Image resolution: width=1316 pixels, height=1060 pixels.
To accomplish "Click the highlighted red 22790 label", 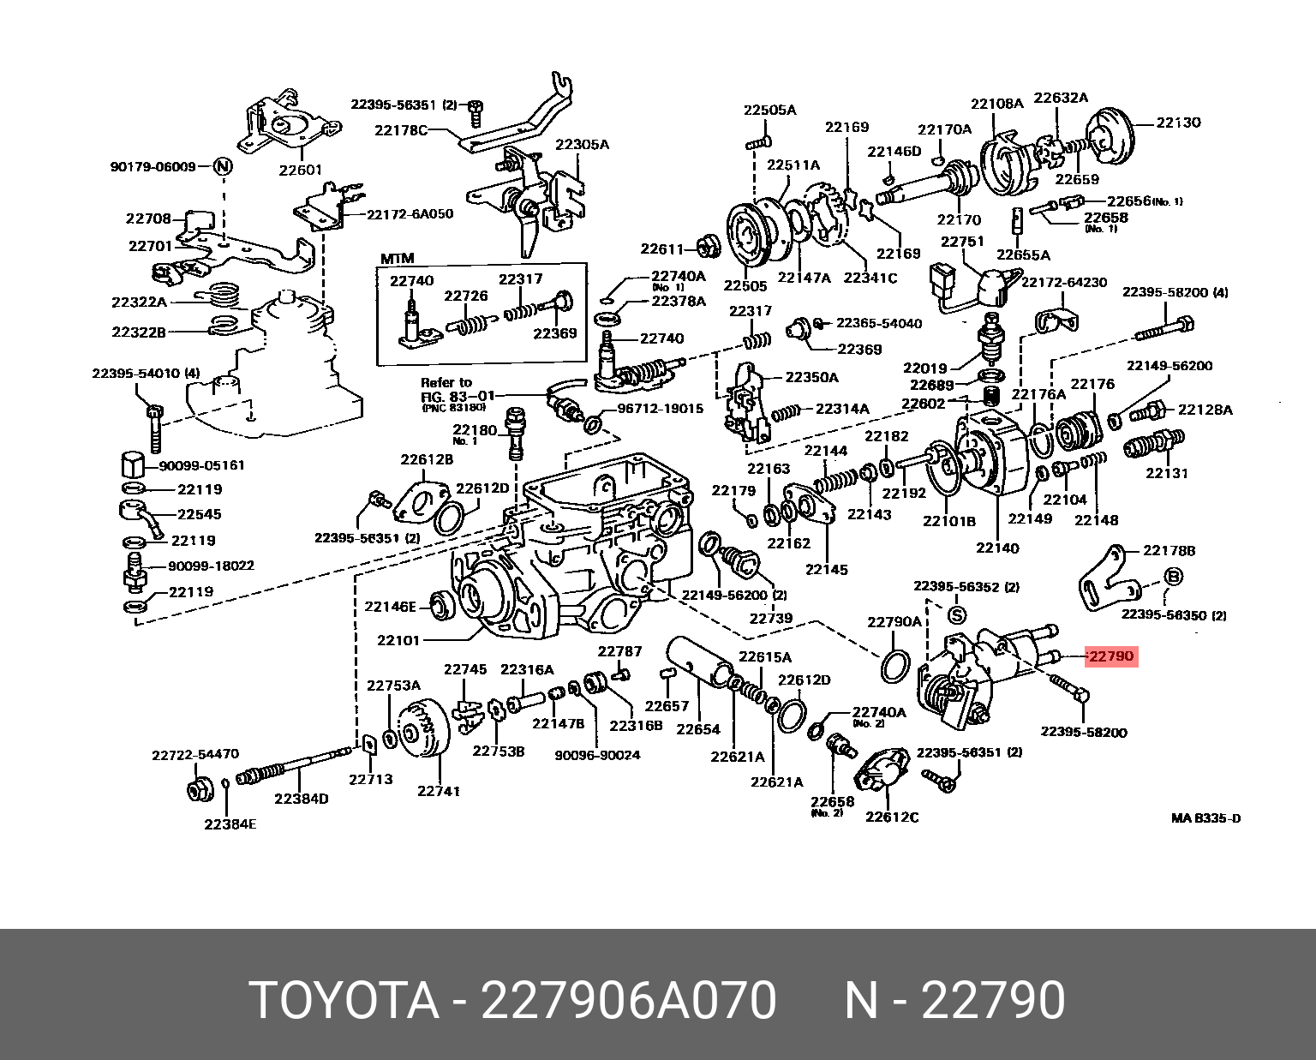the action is pos(1112,656).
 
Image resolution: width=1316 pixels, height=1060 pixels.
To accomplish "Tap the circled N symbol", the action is pos(224,166).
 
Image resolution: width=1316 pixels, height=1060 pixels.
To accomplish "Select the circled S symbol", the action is pos(958,614).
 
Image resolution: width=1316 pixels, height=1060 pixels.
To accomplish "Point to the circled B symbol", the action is pos(1172,576).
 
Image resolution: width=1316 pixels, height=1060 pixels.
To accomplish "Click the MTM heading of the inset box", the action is pos(397,259).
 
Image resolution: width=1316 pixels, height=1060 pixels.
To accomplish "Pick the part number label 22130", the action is pos(1178,123).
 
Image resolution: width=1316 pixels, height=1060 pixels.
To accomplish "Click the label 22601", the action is pos(300,170).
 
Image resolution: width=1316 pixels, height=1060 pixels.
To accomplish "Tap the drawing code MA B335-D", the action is pos(1206,818).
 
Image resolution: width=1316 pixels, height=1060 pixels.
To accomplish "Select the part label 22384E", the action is pos(230,823).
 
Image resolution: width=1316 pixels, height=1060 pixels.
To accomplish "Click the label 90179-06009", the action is pos(153,166).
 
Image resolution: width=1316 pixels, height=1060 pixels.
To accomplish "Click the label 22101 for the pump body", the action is pos(398,640).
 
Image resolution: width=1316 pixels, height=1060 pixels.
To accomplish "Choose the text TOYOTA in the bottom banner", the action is pos(344,1000).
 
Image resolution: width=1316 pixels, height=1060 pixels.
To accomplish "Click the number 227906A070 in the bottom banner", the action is pos(629,1000).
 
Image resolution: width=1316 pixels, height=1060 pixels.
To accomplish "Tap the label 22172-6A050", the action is pos(410,214).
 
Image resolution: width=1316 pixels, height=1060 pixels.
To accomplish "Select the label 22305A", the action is pos(582,145).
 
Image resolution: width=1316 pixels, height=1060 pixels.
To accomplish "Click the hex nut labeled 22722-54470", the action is pos(200,790).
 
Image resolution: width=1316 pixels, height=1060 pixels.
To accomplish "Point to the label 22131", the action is pos(1167,473).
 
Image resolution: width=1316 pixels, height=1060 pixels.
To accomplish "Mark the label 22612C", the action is pos(892,817).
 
